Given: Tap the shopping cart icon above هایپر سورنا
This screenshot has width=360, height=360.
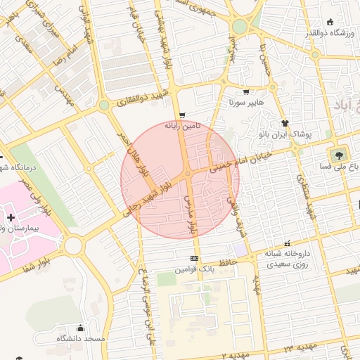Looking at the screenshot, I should (245, 92).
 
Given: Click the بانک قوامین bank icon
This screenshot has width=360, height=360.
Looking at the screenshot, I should (194, 259).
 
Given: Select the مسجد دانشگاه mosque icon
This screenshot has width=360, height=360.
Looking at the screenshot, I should (80, 328).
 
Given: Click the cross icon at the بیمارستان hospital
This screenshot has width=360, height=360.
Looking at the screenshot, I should (10, 217).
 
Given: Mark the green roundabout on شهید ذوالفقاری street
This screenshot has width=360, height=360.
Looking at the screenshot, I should (104, 105).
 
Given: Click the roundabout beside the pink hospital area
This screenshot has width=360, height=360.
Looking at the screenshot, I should (74, 245).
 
